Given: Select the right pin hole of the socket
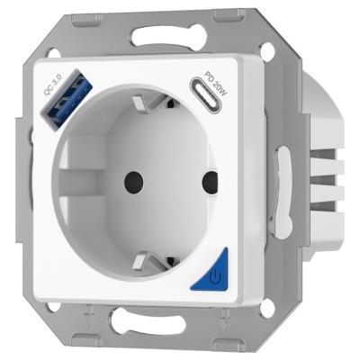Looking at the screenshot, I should [x=211, y=182].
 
